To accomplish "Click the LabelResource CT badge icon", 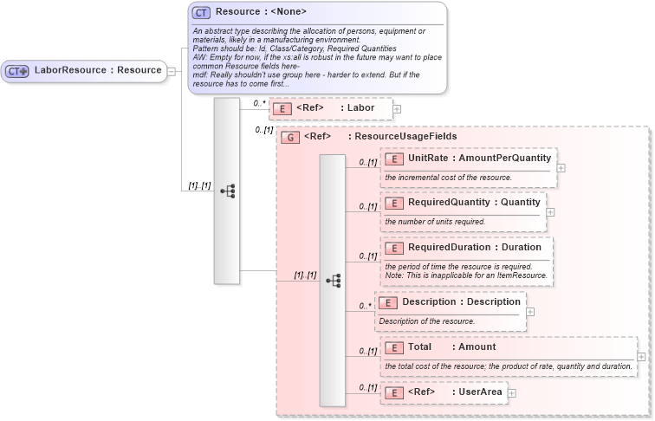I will tap(17, 70).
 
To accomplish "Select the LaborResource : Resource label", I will tap(98, 70).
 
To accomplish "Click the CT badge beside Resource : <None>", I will tap(201, 13).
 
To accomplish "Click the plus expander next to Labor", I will tap(397, 108).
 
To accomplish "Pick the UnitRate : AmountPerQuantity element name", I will tap(479, 159).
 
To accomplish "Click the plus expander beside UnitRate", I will tap(561, 168).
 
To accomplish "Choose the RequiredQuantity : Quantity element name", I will tap(474, 203).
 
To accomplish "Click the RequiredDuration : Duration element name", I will tap(475, 248).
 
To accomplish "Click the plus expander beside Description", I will tap(530, 312).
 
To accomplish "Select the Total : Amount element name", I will tap(452, 347).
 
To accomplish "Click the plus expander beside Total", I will tap(641, 356).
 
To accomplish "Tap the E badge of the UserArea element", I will tap(393, 393).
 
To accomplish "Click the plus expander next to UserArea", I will tap(511, 393).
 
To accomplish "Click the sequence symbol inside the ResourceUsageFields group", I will tap(333, 281).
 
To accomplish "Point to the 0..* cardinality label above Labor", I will tap(258, 103).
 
